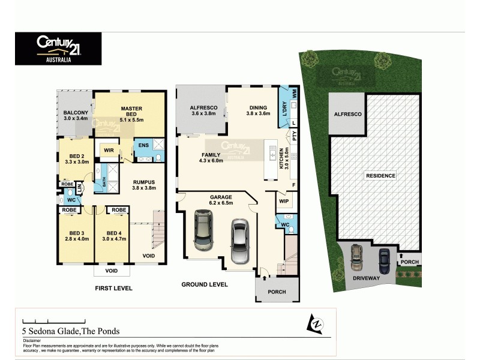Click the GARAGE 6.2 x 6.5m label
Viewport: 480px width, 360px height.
point(220,200)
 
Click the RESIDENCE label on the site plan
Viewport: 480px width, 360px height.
point(380,176)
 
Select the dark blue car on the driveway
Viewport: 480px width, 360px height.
point(384,260)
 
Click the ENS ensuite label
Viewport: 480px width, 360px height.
point(144,145)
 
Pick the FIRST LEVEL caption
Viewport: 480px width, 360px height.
point(113,289)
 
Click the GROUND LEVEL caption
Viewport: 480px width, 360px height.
point(205,284)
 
